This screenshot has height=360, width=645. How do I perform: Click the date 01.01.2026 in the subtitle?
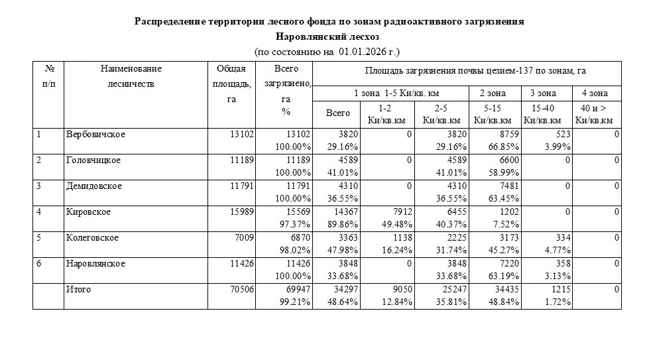[x=362, y=51]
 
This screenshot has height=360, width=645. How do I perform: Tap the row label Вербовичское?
[x=95, y=135]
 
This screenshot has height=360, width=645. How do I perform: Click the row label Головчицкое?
[x=93, y=160]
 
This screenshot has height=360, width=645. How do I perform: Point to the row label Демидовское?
[x=93, y=186]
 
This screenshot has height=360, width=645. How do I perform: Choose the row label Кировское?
[x=88, y=212]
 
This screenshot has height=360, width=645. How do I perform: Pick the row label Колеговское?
[x=92, y=238]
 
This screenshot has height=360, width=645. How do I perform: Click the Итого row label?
[x=78, y=290]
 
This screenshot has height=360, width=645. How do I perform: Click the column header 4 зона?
[x=595, y=93]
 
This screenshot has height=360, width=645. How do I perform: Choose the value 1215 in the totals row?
[x=560, y=290]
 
